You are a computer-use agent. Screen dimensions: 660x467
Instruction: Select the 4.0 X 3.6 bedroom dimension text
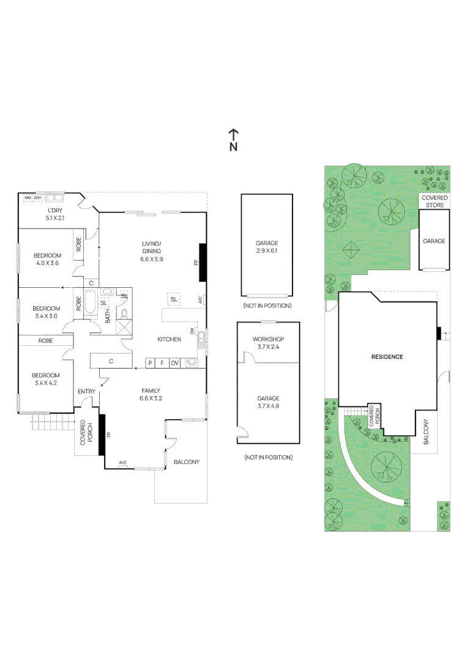tap(47, 263)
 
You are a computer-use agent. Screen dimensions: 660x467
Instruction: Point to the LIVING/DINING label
tap(151, 247)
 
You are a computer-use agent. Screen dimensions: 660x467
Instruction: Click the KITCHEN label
tap(168, 339)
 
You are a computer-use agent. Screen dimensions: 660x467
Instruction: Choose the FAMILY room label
tap(151, 390)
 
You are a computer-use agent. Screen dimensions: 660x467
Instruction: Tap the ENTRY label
tap(86, 392)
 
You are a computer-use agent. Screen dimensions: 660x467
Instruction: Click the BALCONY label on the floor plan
tap(187, 462)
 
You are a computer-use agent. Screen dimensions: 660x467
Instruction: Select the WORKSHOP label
tap(268, 339)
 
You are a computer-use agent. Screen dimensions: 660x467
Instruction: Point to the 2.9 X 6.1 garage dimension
tap(267, 251)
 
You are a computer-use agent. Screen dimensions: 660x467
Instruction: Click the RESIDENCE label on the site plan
tap(387, 356)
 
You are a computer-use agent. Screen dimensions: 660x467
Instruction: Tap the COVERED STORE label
tap(434, 201)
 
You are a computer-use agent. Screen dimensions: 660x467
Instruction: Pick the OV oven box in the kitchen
tap(175, 363)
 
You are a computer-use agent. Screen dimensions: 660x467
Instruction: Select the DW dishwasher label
tap(192, 331)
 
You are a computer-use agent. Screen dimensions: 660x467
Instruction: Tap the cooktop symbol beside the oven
tap(192, 363)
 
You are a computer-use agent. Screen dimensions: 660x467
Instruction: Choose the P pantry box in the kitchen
tap(151, 363)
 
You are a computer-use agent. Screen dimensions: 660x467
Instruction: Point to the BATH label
tap(108, 315)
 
